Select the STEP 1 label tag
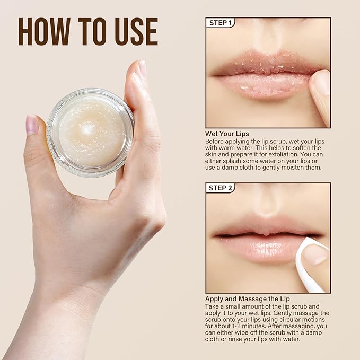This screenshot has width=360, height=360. pyautogui.click(x=220, y=23)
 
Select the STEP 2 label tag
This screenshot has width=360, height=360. pyautogui.click(x=220, y=188)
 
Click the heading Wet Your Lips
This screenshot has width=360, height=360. pyautogui.click(x=227, y=134)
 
